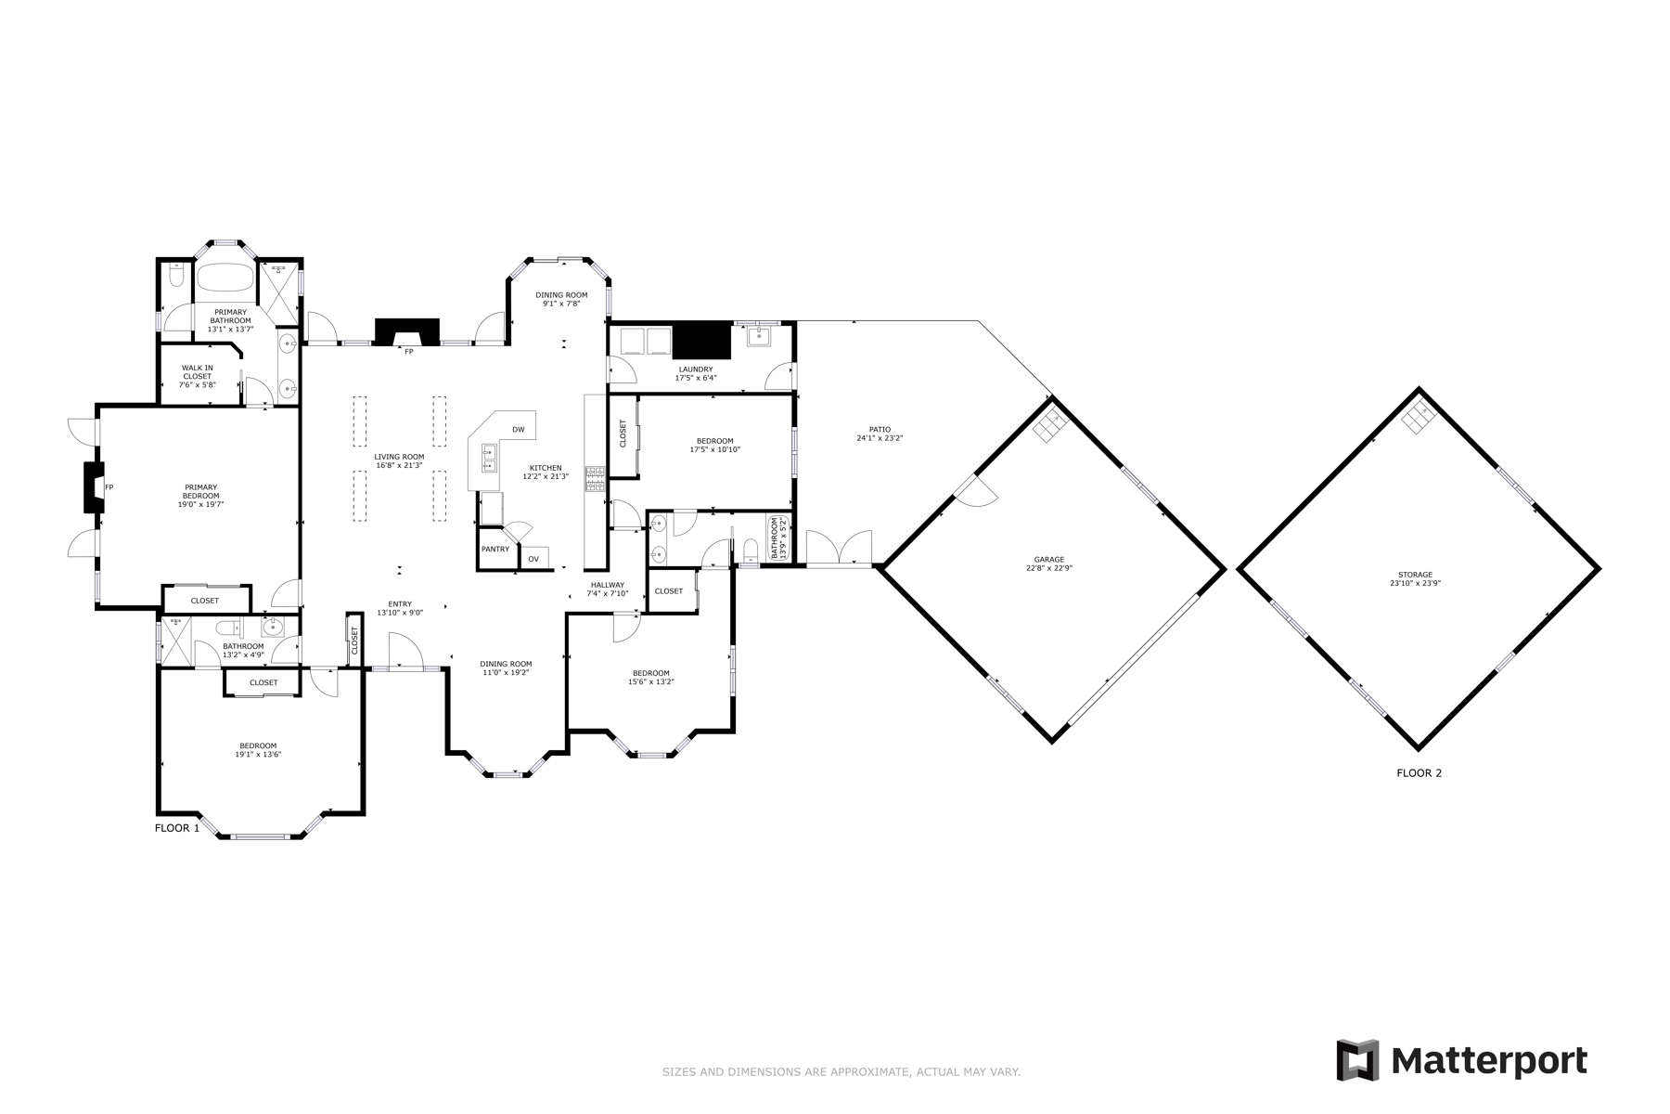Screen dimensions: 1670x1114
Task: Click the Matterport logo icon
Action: (1358, 1060)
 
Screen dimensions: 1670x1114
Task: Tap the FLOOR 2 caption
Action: (1419, 772)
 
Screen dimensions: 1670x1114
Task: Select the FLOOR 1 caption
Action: (177, 828)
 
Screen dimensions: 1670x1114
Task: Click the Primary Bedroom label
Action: (200, 496)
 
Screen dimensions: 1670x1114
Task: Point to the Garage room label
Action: (1049, 563)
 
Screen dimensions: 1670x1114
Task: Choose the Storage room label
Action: (1416, 579)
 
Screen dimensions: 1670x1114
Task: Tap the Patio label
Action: (880, 434)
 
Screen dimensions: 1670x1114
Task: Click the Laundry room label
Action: (695, 373)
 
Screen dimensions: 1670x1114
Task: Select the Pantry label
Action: (495, 549)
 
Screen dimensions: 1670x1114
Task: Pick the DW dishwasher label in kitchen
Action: (519, 430)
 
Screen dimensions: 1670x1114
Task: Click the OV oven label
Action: (533, 559)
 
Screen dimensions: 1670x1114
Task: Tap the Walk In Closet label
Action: (198, 376)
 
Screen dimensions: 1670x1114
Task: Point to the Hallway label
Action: (608, 589)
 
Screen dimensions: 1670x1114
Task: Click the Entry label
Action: (400, 608)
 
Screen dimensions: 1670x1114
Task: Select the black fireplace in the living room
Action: (407, 332)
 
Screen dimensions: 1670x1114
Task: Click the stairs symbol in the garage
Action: (1051, 423)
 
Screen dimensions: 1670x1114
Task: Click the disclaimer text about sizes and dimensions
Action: (841, 1072)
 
